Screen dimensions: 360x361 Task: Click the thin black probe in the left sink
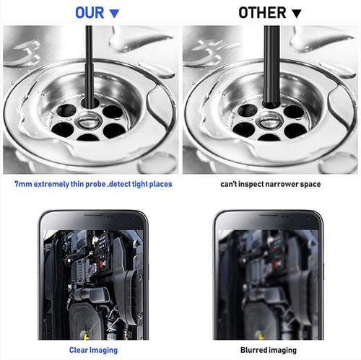point(88,65)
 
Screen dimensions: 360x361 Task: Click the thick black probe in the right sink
point(271,65)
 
